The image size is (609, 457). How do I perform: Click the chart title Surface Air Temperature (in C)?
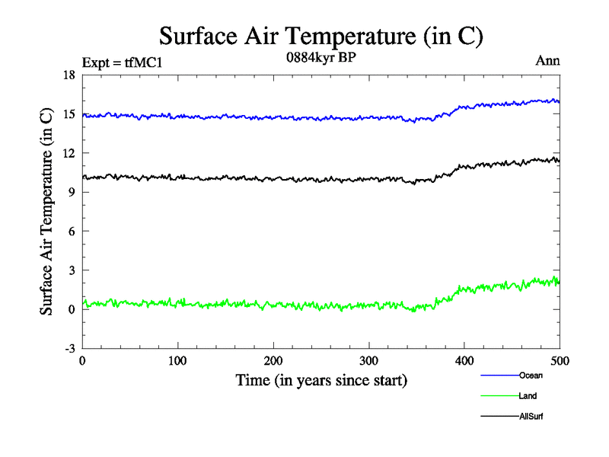tap(320, 36)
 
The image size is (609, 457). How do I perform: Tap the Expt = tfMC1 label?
tap(122, 62)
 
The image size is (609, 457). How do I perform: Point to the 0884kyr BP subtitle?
tap(320, 59)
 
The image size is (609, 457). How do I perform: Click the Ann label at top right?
tap(548, 61)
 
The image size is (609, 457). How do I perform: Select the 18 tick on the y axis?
tap(69, 75)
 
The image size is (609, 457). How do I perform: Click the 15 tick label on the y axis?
tap(69, 113)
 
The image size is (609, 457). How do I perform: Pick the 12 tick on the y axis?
tap(69, 152)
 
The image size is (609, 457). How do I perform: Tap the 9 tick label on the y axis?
tap(72, 192)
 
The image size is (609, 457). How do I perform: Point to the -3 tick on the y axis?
tap(69, 348)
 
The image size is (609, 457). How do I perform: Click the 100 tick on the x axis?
tap(178, 361)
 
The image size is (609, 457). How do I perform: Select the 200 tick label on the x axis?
tap(273, 361)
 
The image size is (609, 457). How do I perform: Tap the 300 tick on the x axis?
tap(369, 361)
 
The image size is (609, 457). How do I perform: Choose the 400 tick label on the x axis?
tap(464, 361)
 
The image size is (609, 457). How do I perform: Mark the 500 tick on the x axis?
tap(560, 361)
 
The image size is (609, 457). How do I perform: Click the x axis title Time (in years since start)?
tap(320, 379)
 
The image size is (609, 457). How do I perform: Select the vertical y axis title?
tap(47, 211)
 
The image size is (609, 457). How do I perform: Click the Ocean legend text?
tap(531, 376)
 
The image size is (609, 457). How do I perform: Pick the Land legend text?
tap(528, 396)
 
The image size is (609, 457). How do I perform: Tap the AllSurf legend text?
tap(531, 417)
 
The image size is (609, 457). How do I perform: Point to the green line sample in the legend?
tap(499, 396)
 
